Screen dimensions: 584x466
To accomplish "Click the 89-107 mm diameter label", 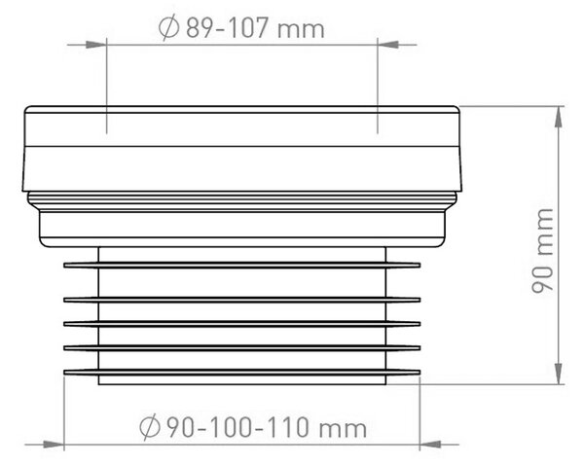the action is coord(241,28).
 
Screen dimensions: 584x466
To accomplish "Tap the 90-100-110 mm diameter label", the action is coord(253,427).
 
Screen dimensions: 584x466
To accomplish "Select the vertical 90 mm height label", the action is coord(542,251).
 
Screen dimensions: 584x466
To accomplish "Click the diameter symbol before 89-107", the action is coord(168,28).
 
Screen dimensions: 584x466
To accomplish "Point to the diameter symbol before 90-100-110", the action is coord(150,427).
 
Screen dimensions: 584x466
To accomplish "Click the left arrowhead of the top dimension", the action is coord(96,45).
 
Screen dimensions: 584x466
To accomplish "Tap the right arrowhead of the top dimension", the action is coord(387,45).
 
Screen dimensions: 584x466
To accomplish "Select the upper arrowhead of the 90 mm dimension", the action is coord(558,117).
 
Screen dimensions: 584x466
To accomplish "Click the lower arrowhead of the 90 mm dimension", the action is coord(558,374).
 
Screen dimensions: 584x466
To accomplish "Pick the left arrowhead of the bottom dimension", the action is coord(54,445).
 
